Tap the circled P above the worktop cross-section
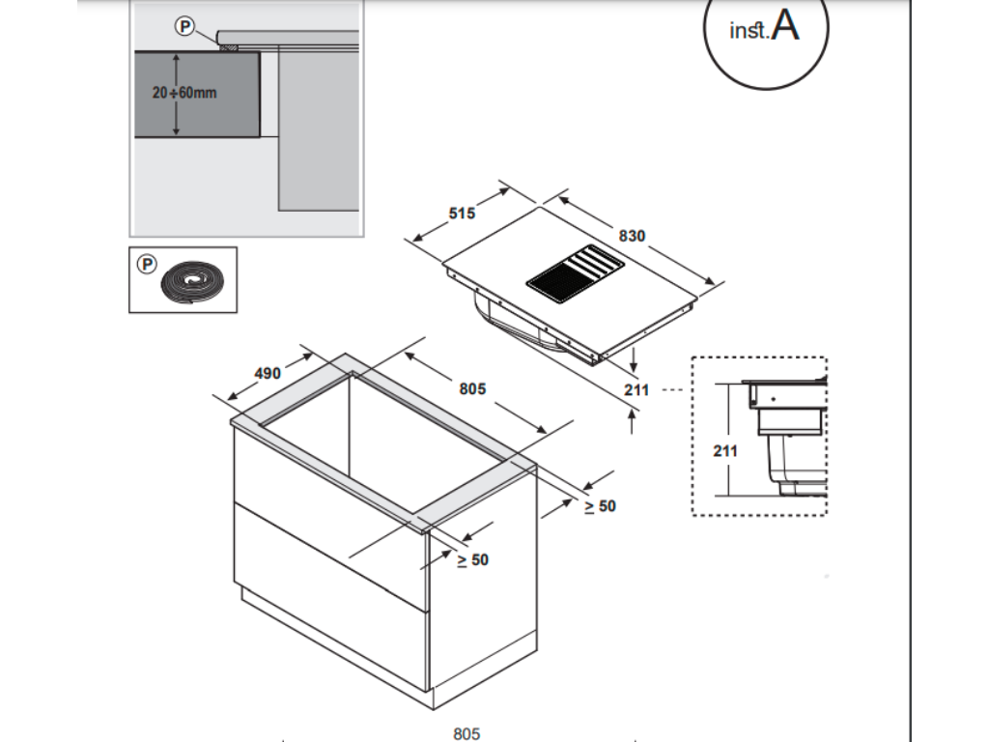click(x=184, y=27)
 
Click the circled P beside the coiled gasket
click(x=147, y=263)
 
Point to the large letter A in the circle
click(x=786, y=26)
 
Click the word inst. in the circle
click(x=749, y=31)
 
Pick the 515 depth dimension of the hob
click(x=462, y=214)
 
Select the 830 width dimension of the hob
click(x=632, y=236)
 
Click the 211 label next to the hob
click(x=636, y=389)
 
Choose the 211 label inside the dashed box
click(x=725, y=450)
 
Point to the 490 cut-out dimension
click(x=267, y=373)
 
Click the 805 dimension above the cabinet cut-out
click(x=472, y=388)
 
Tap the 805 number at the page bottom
click(x=466, y=734)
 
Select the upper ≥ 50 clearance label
click(x=600, y=505)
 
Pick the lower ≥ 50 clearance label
click(x=473, y=559)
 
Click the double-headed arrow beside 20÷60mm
click(x=176, y=94)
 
